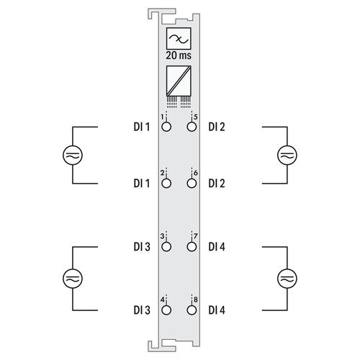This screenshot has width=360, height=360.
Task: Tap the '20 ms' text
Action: [x=179, y=55]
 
